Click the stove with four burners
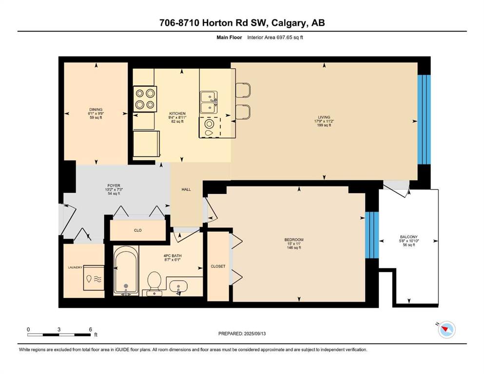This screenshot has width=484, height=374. coord(145,99)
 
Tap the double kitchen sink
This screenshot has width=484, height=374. coord(209,102)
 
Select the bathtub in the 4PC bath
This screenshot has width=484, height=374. coord(126,270)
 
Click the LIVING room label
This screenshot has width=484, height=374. coord(324,117)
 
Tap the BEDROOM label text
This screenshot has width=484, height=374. coord(294,240)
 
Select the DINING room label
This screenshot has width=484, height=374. coord(96,110)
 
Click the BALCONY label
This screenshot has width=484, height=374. coord(408,237)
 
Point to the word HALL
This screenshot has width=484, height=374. coord(186,189)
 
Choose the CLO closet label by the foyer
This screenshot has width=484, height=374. coord(137,230)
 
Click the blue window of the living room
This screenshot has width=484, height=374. coord(424,119)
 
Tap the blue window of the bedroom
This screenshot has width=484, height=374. coord(371,235)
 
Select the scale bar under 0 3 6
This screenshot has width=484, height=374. coord(59,335)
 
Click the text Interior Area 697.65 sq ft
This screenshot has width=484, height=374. coord(275,37)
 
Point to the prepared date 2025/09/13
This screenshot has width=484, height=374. coord(254,334)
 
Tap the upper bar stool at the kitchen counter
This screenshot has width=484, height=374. coord(243,90)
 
